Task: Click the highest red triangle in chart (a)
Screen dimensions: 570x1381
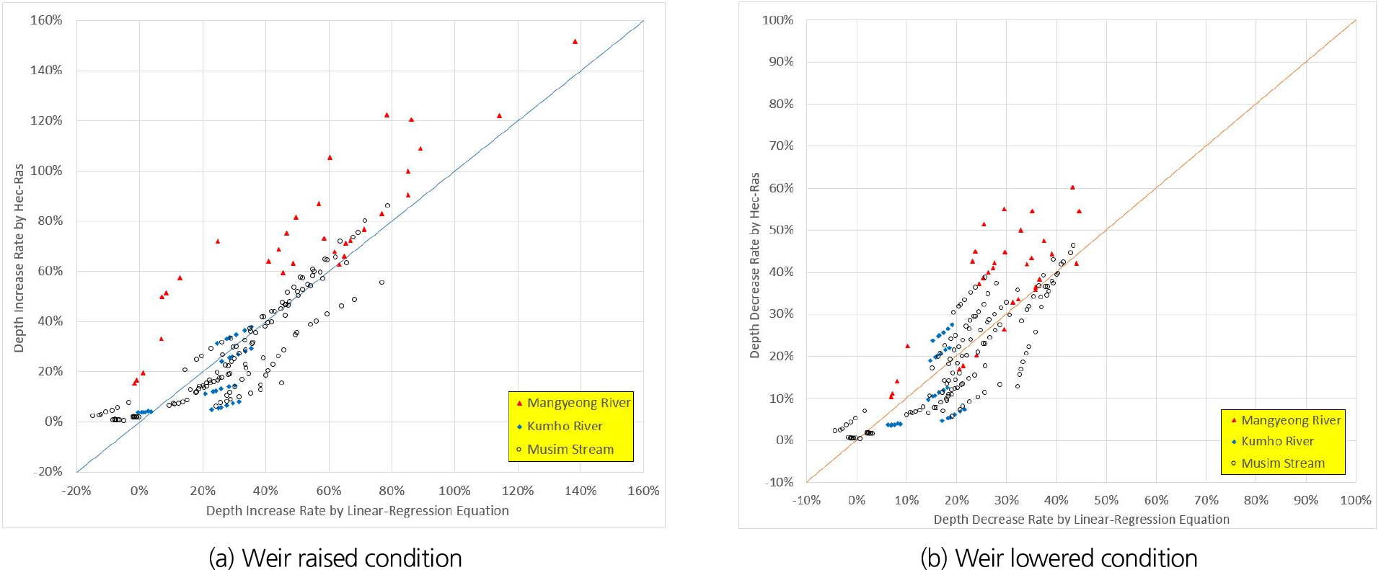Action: pos(575,42)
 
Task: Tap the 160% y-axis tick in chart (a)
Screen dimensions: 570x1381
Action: pos(46,20)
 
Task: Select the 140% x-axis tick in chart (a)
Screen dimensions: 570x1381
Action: pos(581,491)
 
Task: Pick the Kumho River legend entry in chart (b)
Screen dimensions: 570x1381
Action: pos(1277,441)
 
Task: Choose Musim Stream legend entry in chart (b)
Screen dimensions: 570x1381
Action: pos(1282,463)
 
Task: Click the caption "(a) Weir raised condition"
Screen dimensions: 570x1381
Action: pos(335,558)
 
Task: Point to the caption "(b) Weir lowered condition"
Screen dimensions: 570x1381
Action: pos(1059,558)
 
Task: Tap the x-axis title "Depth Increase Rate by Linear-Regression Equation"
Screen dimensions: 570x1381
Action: pos(357,511)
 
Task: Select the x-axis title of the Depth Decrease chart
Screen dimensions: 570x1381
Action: pos(1081,520)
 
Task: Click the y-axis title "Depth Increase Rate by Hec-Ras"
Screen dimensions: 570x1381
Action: pos(19,258)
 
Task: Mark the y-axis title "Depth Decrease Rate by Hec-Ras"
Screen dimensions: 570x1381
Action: pos(755,265)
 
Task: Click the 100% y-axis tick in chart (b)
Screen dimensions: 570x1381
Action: pos(777,20)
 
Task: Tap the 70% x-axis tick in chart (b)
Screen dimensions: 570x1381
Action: pos(1206,500)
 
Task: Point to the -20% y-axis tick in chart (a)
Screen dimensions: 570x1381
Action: pos(46,471)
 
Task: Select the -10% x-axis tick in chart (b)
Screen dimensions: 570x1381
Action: pos(806,500)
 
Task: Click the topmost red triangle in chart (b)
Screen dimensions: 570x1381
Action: pos(1072,187)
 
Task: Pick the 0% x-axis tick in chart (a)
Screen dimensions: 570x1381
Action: pos(139,491)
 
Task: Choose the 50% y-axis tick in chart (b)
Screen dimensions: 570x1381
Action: pos(780,230)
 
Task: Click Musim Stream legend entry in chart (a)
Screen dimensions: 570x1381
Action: pos(570,450)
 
